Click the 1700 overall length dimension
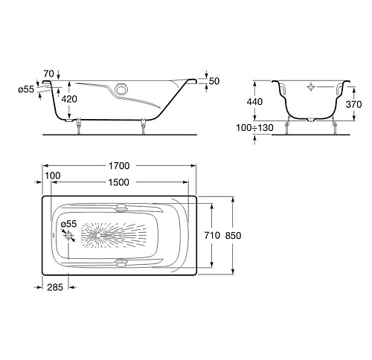pyautogui.click(x=119, y=166)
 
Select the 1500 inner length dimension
pyautogui.click(x=119, y=182)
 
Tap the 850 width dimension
pyautogui.click(x=233, y=235)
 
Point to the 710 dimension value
pyautogui.click(x=212, y=235)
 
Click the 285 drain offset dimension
pyautogui.click(x=55, y=287)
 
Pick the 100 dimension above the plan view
pyautogui.click(x=53, y=176)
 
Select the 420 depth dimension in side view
pyautogui.click(x=69, y=99)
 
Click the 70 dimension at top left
pyautogui.click(x=48, y=74)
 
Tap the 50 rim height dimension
pyautogui.click(x=214, y=81)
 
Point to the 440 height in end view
pyautogui.click(x=254, y=102)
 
